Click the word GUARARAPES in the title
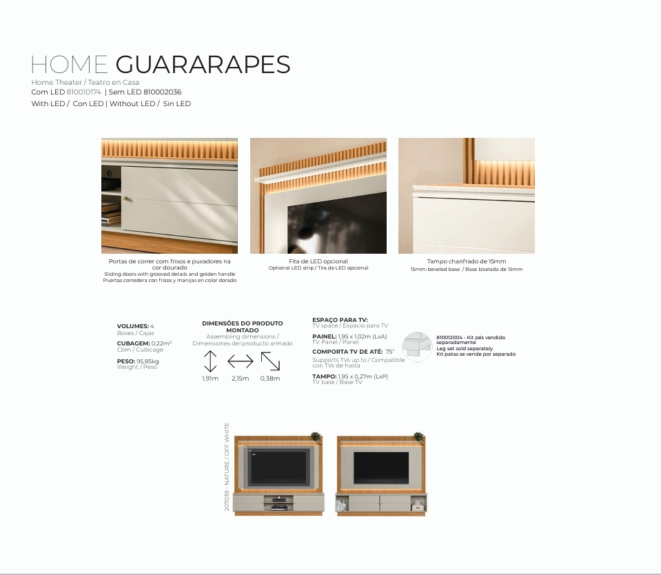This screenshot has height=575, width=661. (x=203, y=65)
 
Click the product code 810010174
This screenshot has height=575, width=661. (x=84, y=92)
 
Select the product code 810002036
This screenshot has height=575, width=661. (x=162, y=92)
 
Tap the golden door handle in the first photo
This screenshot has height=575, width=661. (x=125, y=198)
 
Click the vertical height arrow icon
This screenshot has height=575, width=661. (x=210, y=361)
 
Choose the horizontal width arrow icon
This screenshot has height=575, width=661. (x=241, y=361)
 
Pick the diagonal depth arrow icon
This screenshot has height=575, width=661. (x=270, y=361)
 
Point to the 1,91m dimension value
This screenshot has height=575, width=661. (x=210, y=379)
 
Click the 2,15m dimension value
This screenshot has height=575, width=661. (x=241, y=379)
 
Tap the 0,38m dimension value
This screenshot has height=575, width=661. (x=270, y=379)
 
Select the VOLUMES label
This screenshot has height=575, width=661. (x=133, y=326)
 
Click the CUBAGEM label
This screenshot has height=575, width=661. (x=134, y=343)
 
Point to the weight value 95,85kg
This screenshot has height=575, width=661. (x=148, y=361)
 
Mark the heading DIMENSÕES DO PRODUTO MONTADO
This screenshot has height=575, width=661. (x=243, y=327)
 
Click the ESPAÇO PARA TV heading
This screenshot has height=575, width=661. (x=340, y=320)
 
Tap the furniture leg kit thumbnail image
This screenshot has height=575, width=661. (x=417, y=347)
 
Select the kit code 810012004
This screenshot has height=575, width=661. (x=449, y=338)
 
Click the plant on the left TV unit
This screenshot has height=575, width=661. (x=316, y=436)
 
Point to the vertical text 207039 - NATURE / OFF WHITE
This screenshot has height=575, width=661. (x=227, y=467)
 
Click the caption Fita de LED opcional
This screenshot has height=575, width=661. (x=318, y=261)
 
